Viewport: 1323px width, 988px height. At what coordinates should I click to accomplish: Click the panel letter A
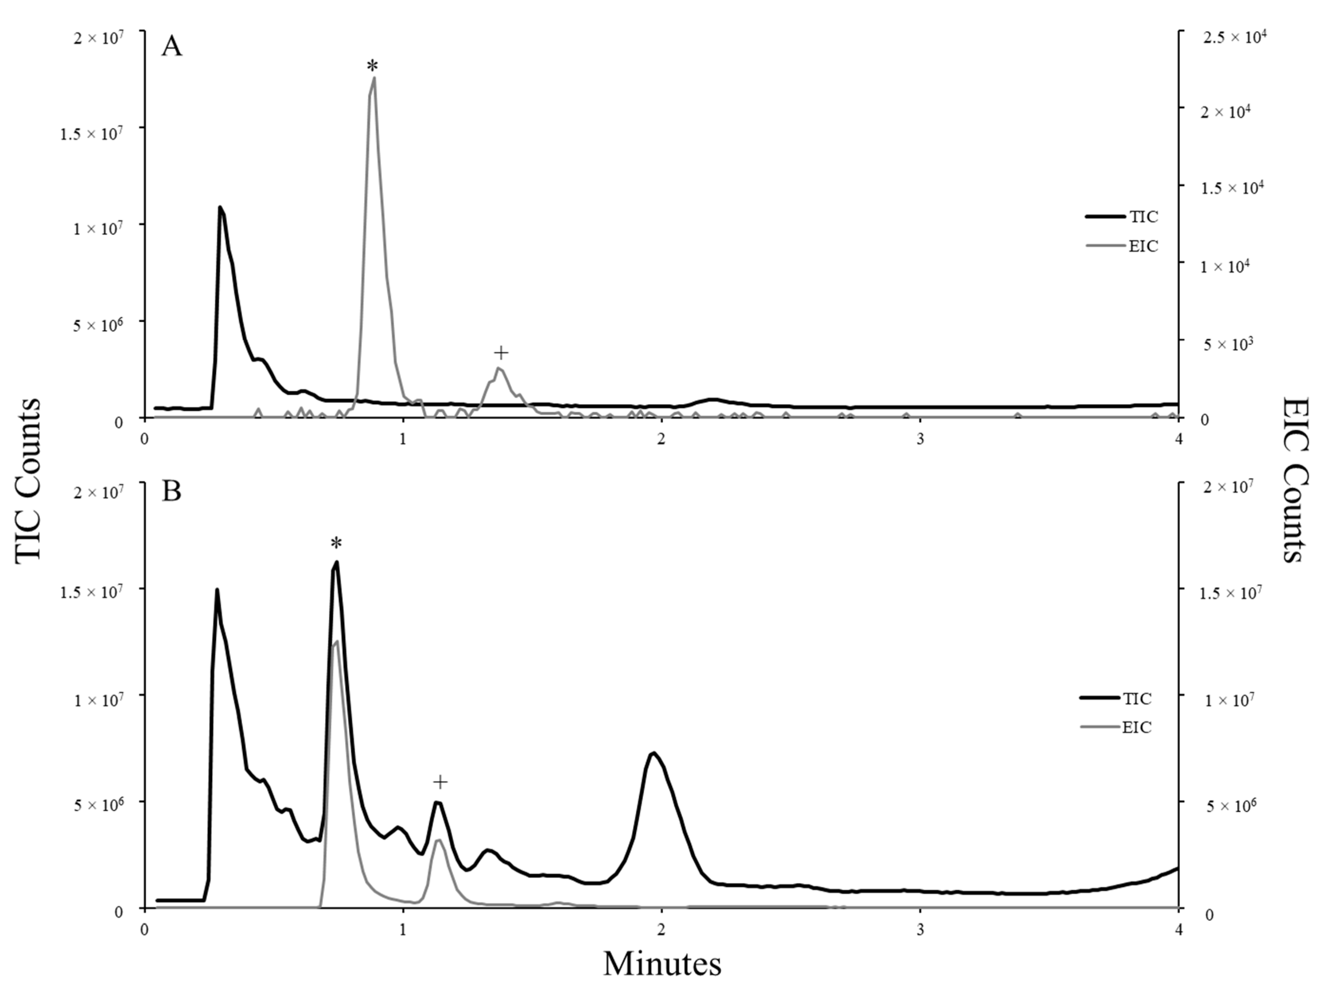point(172,47)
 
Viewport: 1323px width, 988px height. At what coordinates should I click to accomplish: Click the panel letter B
point(172,492)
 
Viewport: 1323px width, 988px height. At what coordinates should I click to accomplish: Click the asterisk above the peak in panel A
point(372,66)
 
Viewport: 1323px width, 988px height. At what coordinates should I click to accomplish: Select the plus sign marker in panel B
point(440,782)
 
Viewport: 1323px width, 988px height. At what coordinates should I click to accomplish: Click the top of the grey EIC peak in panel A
point(374,78)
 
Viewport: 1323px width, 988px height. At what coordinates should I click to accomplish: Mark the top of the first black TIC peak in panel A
point(220,208)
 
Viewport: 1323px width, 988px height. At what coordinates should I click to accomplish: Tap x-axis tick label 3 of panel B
point(920,931)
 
